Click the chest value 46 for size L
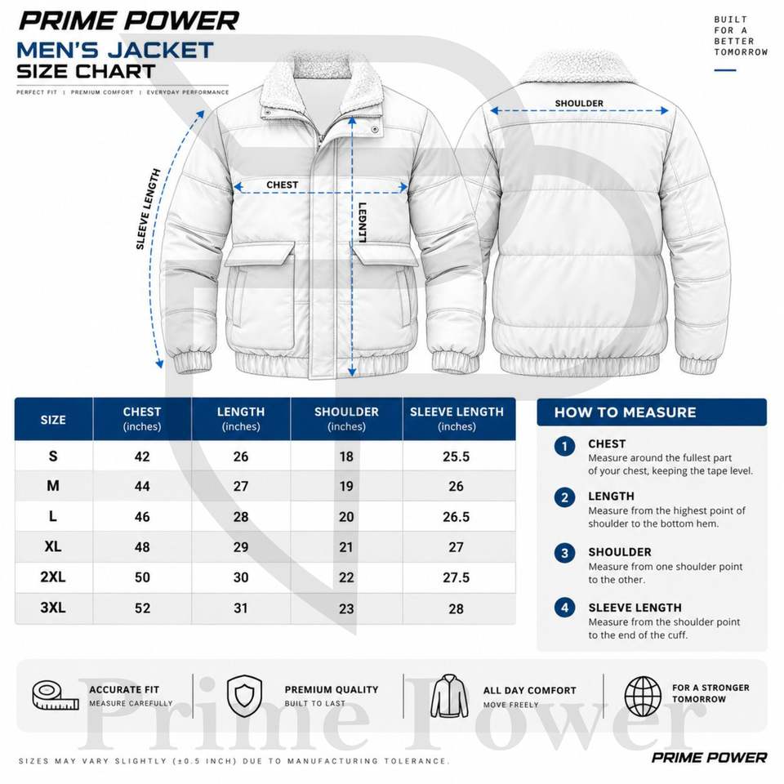(x=142, y=516)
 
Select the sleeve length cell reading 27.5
(x=456, y=577)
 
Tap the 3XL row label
(x=53, y=608)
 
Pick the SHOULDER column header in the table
(x=346, y=412)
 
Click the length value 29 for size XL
(x=240, y=547)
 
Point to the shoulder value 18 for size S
(x=346, y=457)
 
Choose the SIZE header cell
(x=53, y=420)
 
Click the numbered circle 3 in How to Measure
(x=564, y=553)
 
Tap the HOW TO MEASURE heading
(x=625, y=412)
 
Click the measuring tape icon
(x=55, y=696)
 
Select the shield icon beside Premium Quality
(x=244, y=696)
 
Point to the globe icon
(x=643, y=696)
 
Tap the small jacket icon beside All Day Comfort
(x=449, y=696)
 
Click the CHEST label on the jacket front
(x=282, y=185)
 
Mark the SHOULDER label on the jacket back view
(x=579, y=104)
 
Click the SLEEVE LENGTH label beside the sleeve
(x=148, y=209)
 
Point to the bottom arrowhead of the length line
(x=352, y=372)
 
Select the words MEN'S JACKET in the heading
(x=115, y=50)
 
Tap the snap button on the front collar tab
(x=375, y=130)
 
